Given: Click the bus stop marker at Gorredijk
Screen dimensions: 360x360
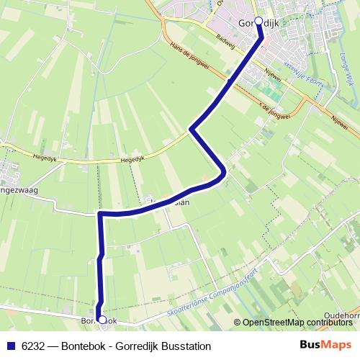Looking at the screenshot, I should click(x=259, y=22).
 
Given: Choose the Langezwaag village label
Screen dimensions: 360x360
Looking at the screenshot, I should click(x=17, y=190).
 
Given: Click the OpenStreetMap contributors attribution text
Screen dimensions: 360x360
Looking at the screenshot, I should click(x=299, y=322).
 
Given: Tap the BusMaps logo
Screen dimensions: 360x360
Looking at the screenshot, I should click(x=330, y=343).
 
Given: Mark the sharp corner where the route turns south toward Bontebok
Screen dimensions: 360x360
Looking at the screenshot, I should click(x=100, y=214).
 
